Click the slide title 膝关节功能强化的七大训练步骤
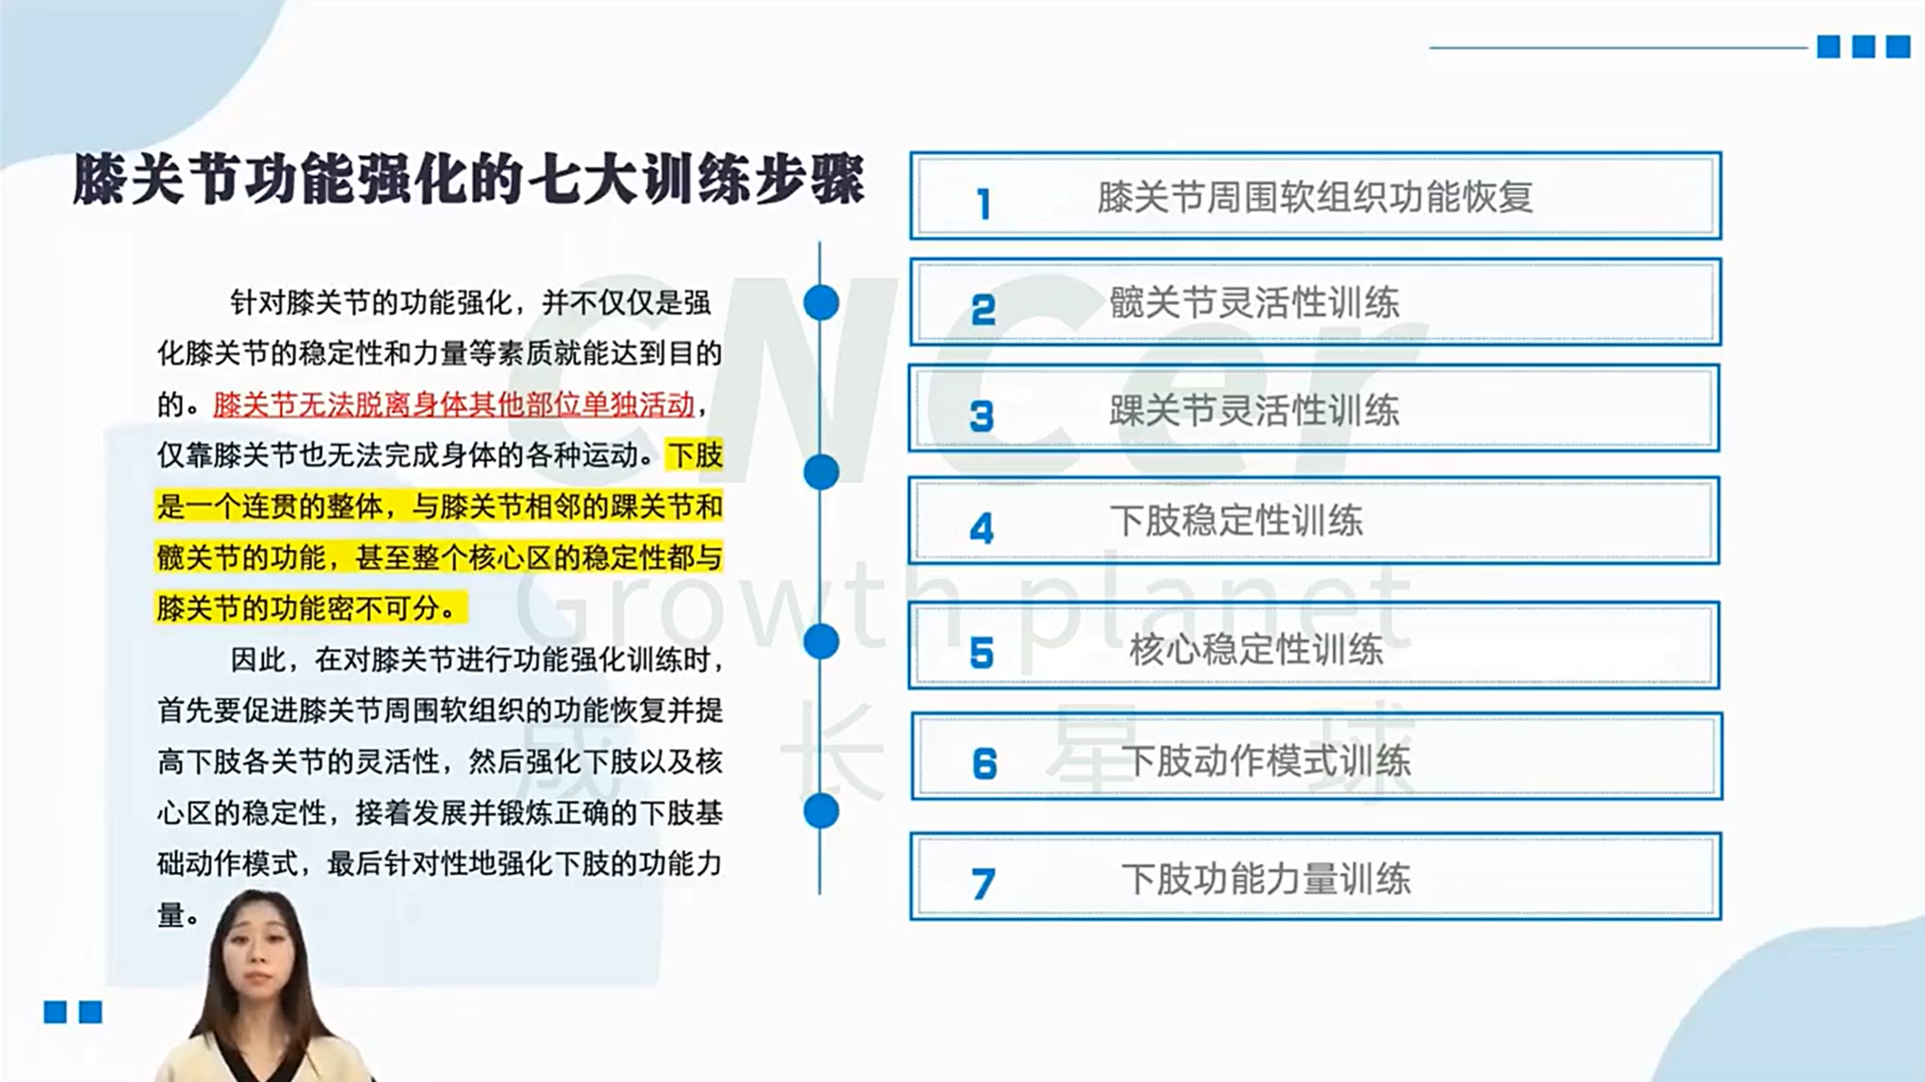pyautogui.click(x=469, y=178)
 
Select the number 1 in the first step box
pyautogui.click(x=983, y=204)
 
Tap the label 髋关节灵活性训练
pyautogui.click(x=1254, y=303)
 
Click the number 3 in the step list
pyautogui.click(x=981, y=416)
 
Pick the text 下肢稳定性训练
pyautogui.click(x=1236, y=520)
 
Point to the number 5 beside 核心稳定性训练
pyautogui.click(x=981, y=653)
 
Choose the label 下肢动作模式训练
pyautogui.click(x=1266, y=761)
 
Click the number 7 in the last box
pyautogui.click(x=983, y=884)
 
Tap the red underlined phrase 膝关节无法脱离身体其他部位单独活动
pyautogui.click(x=454, y=405)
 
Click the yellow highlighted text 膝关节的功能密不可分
pyautogui.click(x=298, y=608)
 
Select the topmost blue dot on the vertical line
pyautogui.click(x=820, y=303)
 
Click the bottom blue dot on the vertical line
pyautogui.click(x=820, y=811)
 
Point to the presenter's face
pyautogui.click(x=259, y=955)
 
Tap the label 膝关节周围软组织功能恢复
pyautogui.click(x=1315, y=197)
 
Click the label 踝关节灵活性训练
pyautogui.click(x=1254, y=411)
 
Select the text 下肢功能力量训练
pyautogui.click(x=1266, y=880)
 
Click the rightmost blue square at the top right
pyautogui.click(x=1897, y=46)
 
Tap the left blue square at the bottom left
pyautogui.click(x=55, y=1012)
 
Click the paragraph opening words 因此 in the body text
pyautogui.click(x=258, y=659)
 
